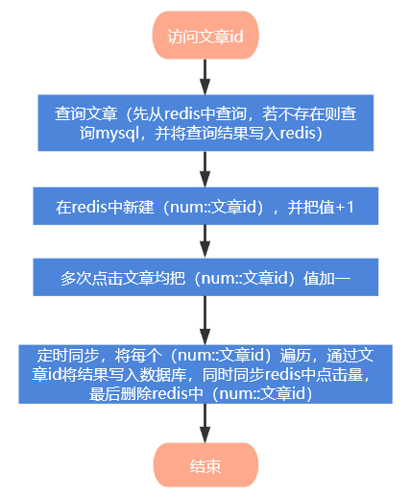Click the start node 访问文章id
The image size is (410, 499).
point(205,37)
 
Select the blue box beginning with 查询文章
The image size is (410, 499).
point(205,123)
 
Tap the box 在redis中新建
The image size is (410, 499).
point(205,208)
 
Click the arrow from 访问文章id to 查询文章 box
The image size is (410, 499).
point(205,76)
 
